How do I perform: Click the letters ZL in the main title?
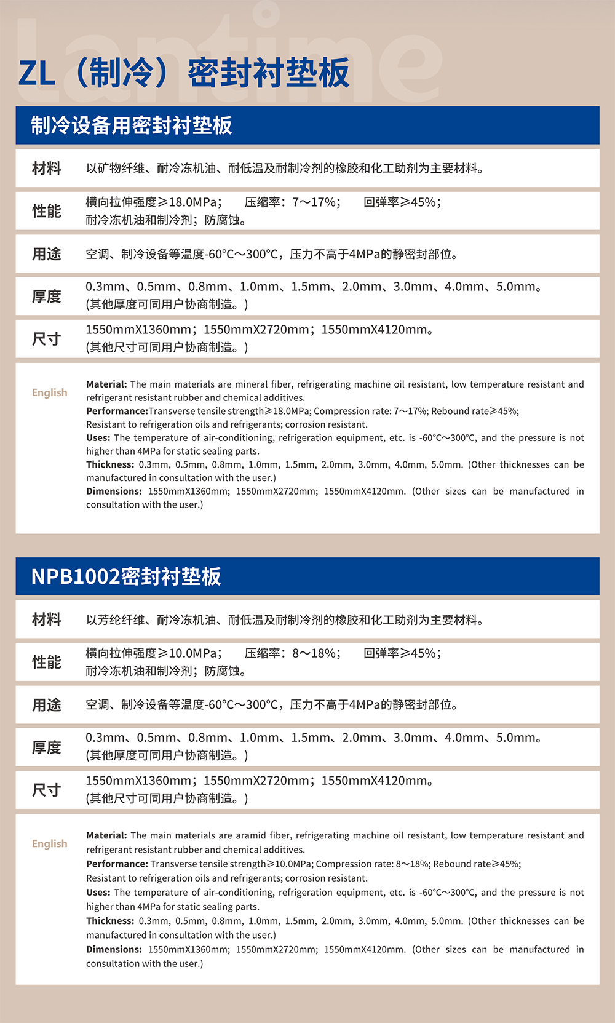[x=37, y=74]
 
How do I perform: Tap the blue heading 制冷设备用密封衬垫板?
[x=131, y=125]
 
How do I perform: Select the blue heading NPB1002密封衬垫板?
[x=125, y=576]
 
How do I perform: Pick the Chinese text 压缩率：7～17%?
[x=292, y=202]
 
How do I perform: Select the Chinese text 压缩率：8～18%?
[x=292, y=653]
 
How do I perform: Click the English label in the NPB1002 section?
[x=50, y=843]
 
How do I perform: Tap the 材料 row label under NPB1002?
[x=47, y=619]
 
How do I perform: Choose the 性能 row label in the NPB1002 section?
[x=47, y=663]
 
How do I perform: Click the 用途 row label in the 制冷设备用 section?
[x=47, y=254]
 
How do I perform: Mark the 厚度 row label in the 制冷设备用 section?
[x=47, y=297]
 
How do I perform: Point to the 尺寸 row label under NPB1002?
[x=47, y=790]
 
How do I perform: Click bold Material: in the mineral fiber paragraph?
[x=106, y=384]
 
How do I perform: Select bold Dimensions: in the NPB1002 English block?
[x=114, y=949]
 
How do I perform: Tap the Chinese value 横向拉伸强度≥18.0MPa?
[x=153, y=202]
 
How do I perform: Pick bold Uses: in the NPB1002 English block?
[x=98, y=892]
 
